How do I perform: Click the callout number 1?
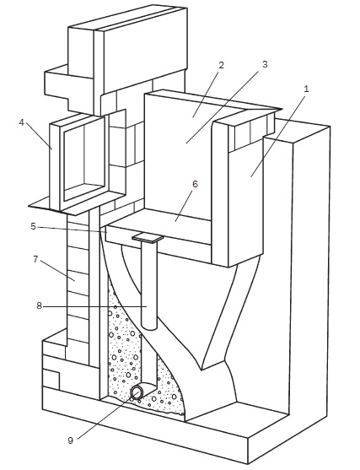tap(306, 89)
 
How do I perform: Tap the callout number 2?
tap(222, 65)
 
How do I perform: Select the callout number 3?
tap(265, 64)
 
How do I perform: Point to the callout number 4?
tap(21, 122)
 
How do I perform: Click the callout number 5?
tap(33, 226)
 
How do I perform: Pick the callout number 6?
tap(195, 184)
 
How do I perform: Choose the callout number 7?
tap(35, 259)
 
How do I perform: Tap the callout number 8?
tap(39, 306)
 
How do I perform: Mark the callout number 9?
tap(70, 440)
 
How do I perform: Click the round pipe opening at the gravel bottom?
tap(137, 392)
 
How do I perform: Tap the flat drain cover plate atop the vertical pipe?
tap(148, 237)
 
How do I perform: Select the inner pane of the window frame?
tap(84, 159)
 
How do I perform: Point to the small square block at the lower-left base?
tap(51, 379)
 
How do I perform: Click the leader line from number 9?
tap(106, 416)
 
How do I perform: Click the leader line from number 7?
tap(57, 271)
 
